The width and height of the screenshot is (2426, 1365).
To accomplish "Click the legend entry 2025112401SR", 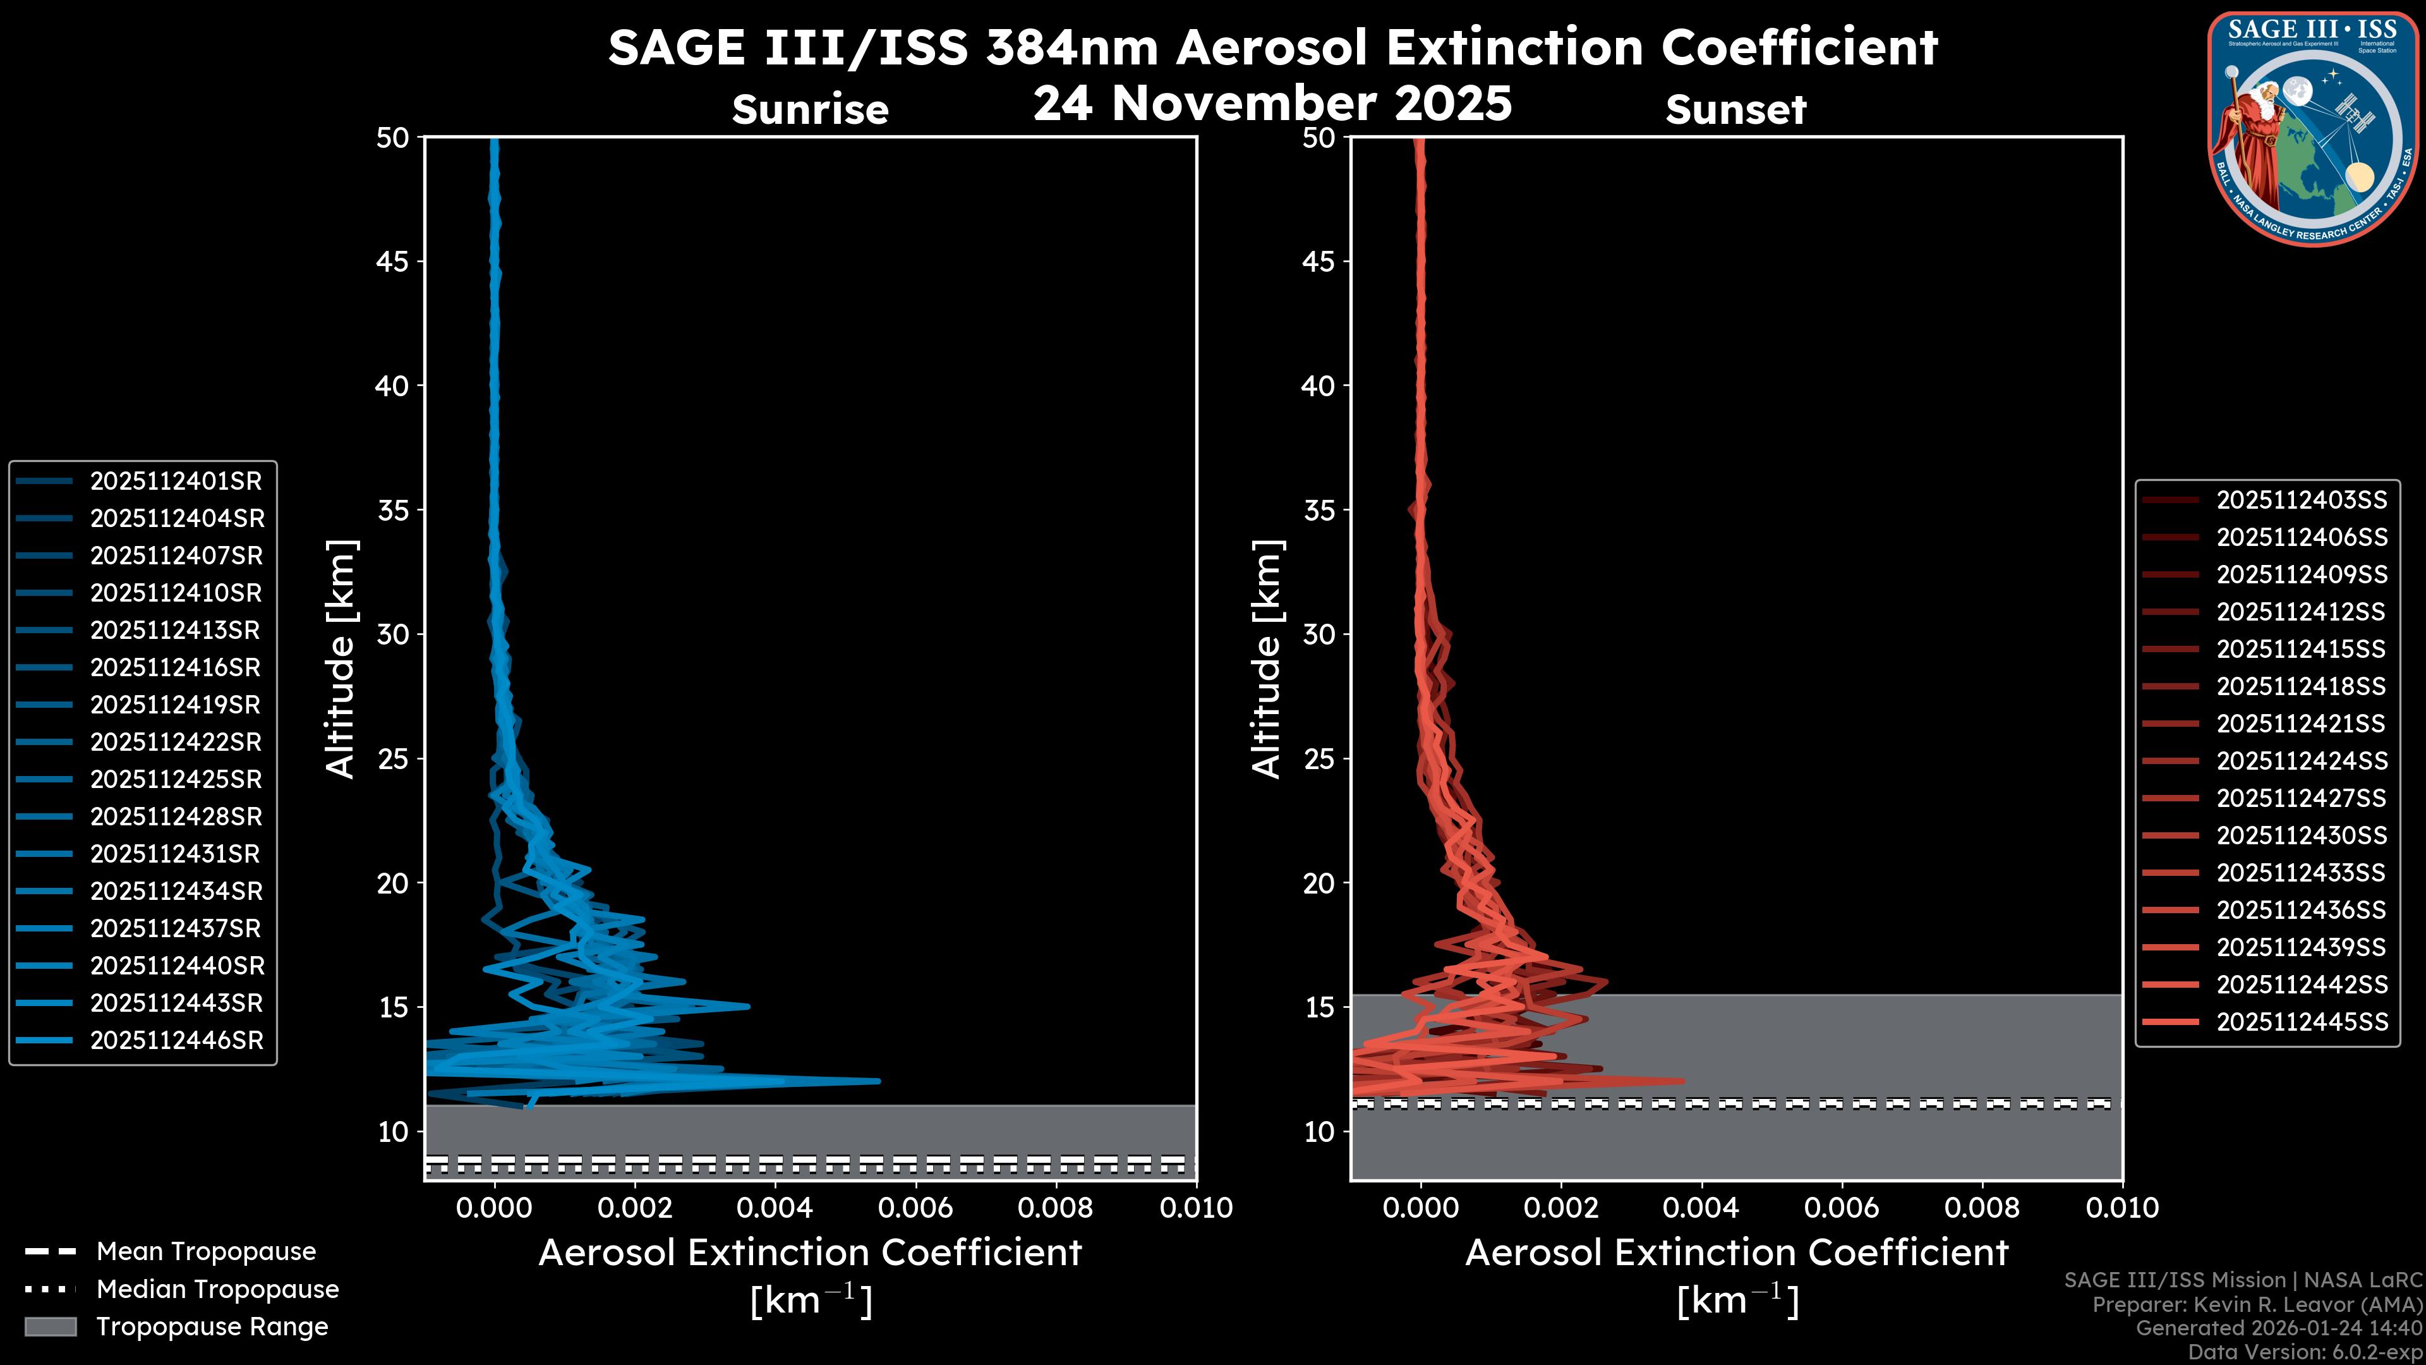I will (x=175, y=482).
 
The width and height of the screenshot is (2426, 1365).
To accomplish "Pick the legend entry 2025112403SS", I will (x=2301, y=500).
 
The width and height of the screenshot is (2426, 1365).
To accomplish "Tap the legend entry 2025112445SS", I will (x=2301, y=1022).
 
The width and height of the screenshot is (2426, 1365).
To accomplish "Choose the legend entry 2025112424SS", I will (x=2301, y=761).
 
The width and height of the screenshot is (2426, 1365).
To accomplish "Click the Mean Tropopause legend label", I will (x=206, y=1252).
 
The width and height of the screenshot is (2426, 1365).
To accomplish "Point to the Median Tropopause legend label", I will (x=217, y=1290).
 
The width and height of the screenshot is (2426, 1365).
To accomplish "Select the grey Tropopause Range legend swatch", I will (x=51, y=1326).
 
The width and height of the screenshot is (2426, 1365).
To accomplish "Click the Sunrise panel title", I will (x=810, y=110).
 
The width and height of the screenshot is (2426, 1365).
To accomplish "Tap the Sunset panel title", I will (x=1735, y=110).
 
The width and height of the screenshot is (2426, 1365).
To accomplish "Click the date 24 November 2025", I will (x=1272, y=104).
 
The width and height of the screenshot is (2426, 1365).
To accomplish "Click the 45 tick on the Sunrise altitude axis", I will (x=393, y=262).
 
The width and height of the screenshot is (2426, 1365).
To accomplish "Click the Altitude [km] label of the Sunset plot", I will (x=1267, y=659).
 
